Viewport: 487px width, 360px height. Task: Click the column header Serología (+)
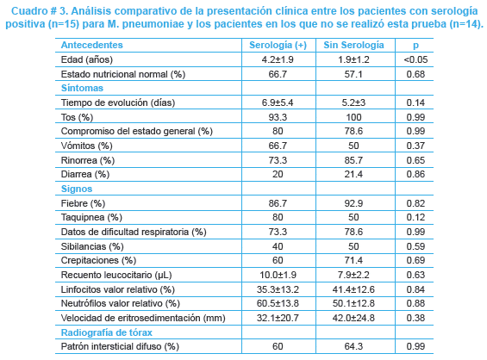tap(278, 46)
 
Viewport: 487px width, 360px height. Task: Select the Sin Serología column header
tap(353, 45)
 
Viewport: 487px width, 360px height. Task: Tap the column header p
tap(415, 46)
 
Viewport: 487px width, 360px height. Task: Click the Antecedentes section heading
tap(92, 45)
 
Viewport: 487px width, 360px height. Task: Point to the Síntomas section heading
tap(82, 88)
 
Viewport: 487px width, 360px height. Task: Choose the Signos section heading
tap(77, 189)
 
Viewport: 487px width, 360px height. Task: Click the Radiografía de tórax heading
tap(107, 332)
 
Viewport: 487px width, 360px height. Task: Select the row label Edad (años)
tap(87, 59)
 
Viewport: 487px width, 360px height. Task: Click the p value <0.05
tap(415, 59)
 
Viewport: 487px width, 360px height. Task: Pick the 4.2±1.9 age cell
tap(278, 59)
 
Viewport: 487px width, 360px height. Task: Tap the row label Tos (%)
tap(77, 117)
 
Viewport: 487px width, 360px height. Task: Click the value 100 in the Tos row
tap(353, 117)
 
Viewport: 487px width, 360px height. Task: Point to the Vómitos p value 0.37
tap(415, 146)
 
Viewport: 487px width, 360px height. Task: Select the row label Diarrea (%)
tap(85, 174)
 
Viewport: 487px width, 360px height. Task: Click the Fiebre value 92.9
tap(353, 203)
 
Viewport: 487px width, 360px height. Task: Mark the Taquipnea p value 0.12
tap(415, 217)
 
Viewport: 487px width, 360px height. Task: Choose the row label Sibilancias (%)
tap(92, 246)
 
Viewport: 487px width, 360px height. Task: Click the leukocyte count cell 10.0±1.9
tap(278, 275)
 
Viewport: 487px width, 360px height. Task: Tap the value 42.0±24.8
tap(353, 318)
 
